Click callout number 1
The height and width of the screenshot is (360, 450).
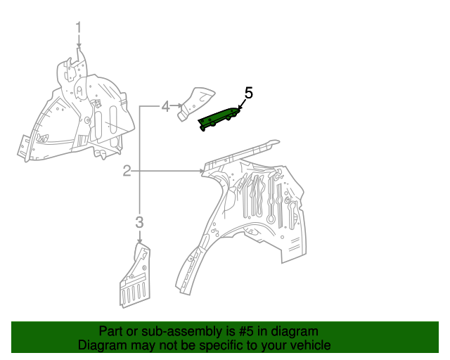pos(79,27)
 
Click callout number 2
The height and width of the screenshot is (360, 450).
pos(127,171)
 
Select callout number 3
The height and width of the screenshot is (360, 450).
pos(139,223)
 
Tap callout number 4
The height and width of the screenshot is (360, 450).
pos(165,106)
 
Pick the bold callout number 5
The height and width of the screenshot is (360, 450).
pos(248,92)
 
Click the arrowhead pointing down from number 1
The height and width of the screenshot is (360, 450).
pos(79,46)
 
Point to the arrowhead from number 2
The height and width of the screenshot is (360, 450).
pos(202,171)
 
